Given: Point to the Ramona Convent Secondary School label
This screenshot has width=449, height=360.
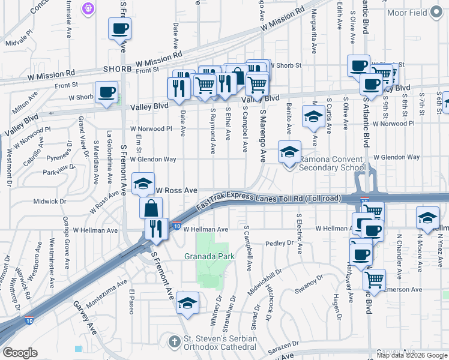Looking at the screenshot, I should click(332, 163).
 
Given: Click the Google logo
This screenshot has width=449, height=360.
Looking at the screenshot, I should click(20, 353).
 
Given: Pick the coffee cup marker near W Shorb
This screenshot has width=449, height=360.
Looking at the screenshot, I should click(107, 93).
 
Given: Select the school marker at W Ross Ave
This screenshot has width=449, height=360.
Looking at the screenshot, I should click(143, 184).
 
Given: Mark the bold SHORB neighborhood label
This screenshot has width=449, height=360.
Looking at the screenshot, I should click(117, 69).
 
